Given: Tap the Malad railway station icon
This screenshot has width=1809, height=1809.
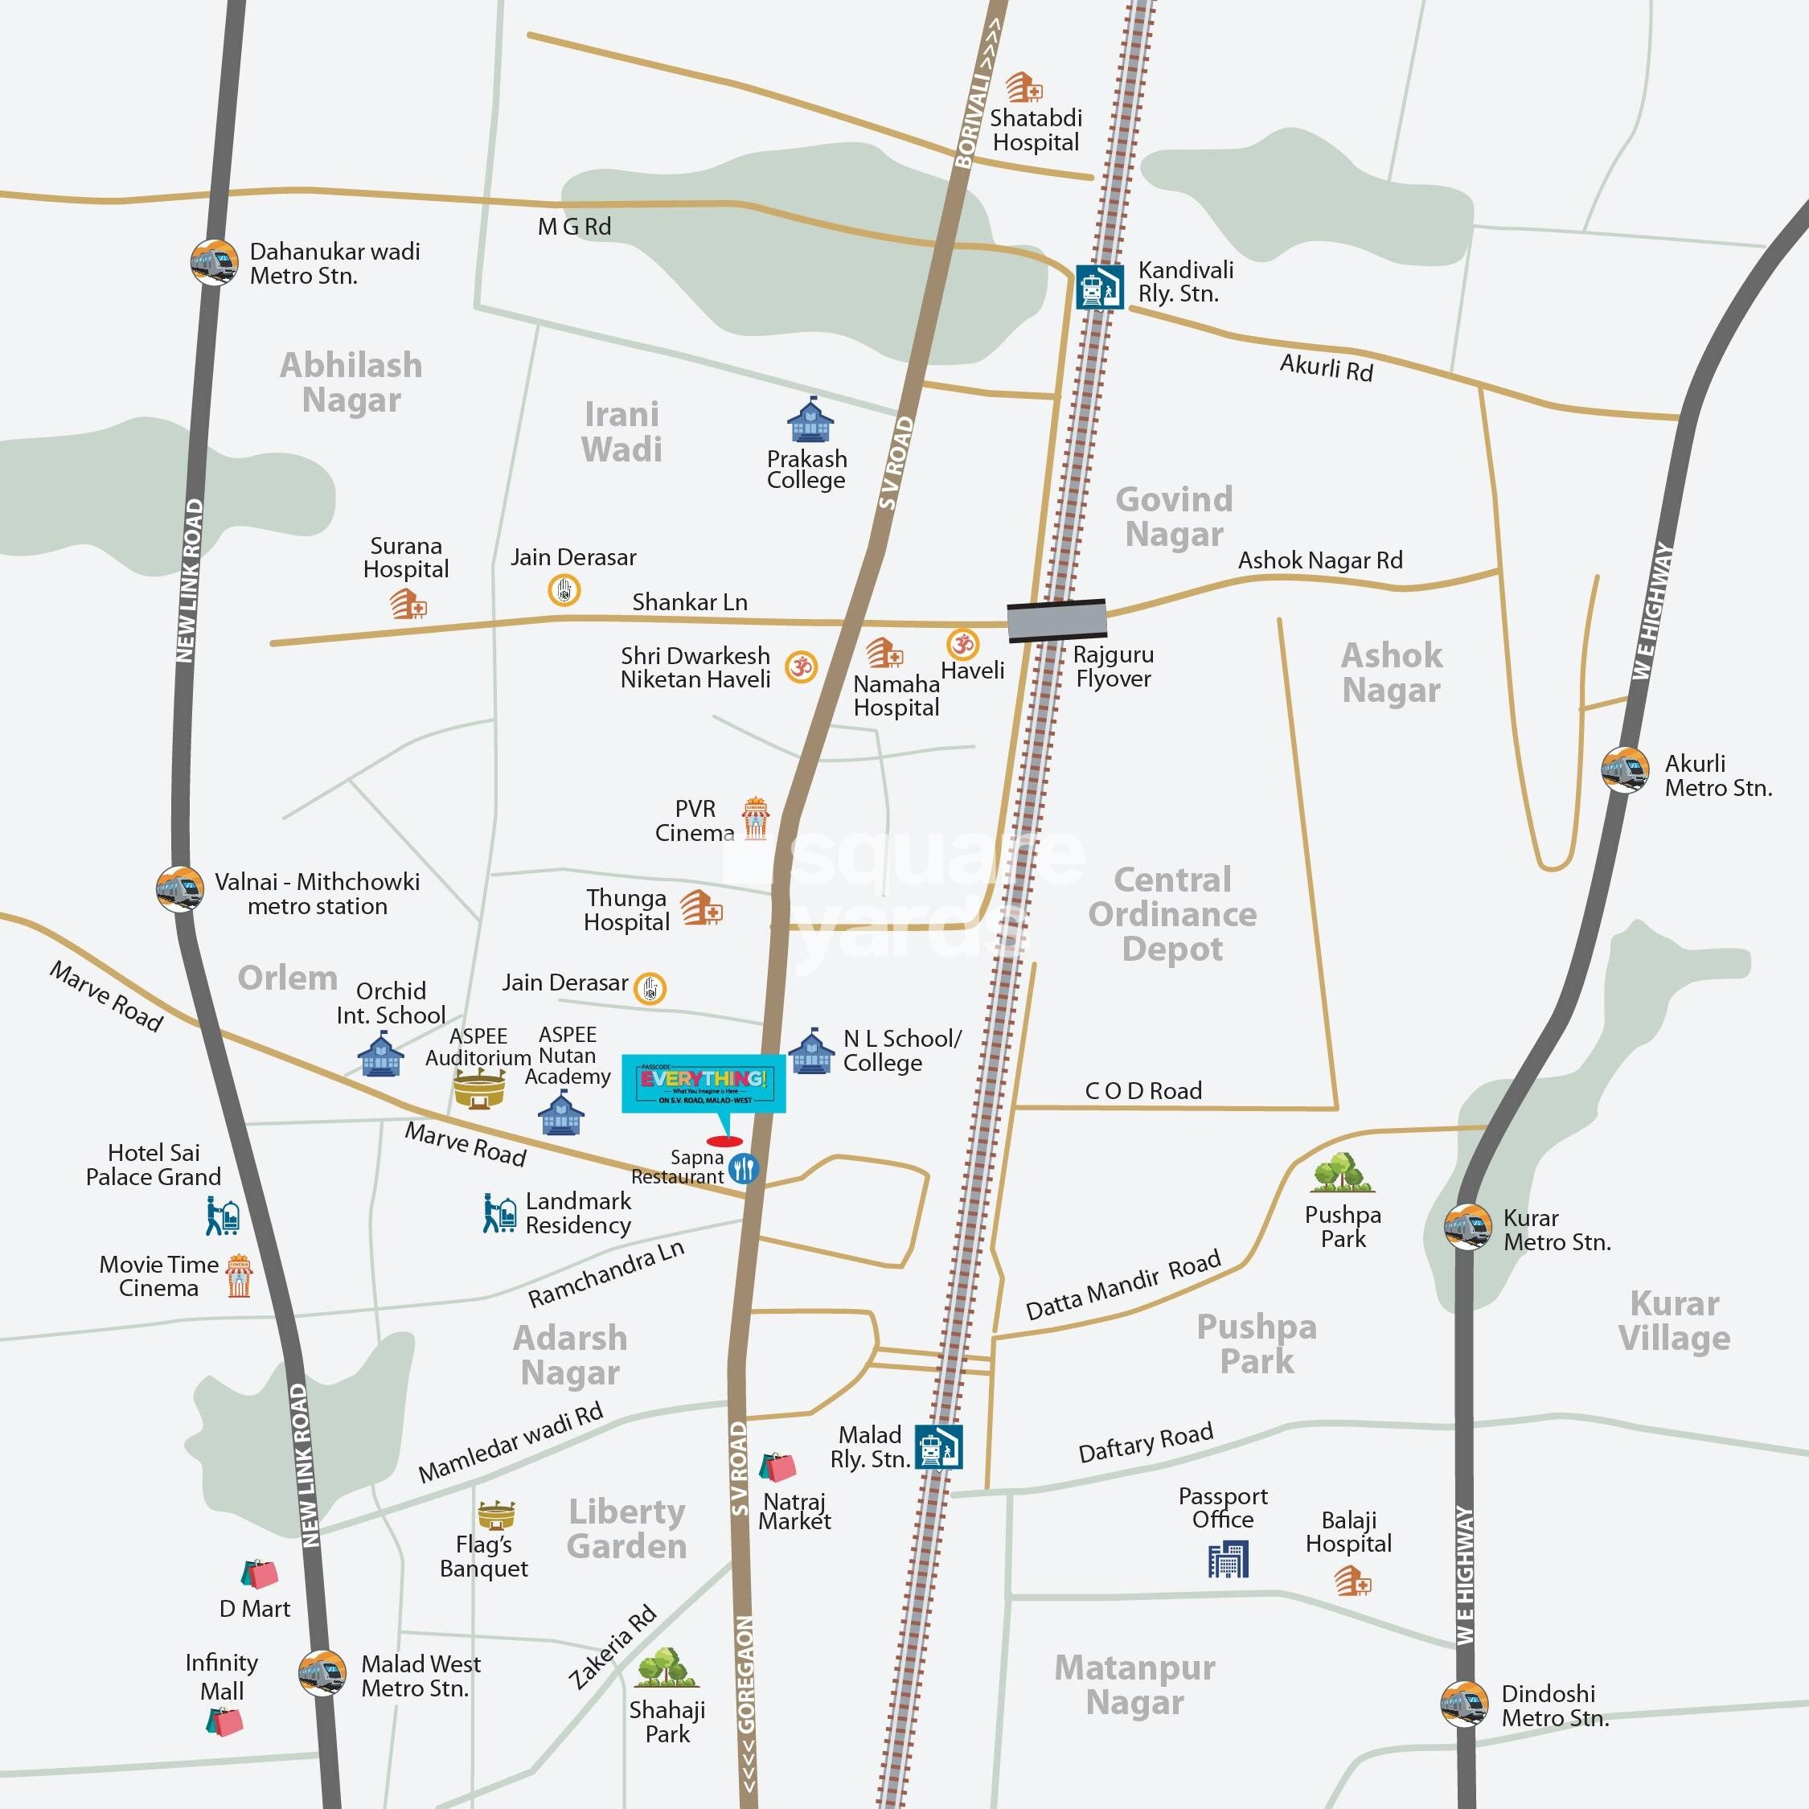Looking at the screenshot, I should (x=939, y=1447).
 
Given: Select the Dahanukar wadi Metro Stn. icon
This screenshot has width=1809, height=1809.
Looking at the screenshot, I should (x=214, y=263).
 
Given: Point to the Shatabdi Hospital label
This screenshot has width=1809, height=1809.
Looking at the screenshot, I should (x=1036, y=130).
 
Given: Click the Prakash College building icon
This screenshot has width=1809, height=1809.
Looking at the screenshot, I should (x=810, y=420).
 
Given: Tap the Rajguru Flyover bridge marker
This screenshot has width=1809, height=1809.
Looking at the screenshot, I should (x=1056, y=620).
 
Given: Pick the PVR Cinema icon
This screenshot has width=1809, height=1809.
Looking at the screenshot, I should (x=755, y=819).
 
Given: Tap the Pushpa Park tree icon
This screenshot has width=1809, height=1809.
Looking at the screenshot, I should (x=1343, y=1174).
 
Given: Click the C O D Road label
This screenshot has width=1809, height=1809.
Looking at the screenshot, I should (x=1143, y=1091).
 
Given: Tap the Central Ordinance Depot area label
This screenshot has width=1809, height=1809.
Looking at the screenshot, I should (x=1172, y=914).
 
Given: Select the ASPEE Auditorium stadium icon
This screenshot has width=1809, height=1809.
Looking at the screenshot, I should (x=479, y=1089).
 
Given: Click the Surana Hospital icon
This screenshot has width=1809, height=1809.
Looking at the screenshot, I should (x=408, y=603).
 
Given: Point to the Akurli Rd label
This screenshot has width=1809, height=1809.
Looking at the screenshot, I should (x=1326, y=368).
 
